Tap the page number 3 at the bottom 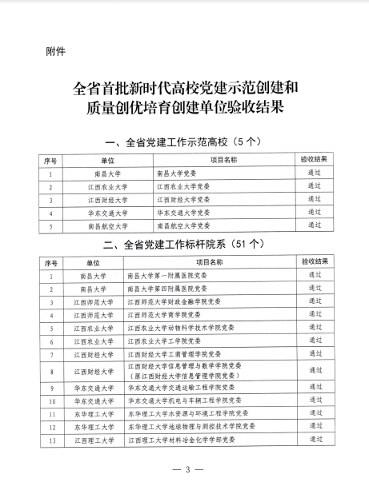pos(186,469)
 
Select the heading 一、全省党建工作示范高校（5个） pos(184,143)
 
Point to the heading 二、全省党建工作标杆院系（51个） pos(184,245)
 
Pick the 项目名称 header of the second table pos(213,261)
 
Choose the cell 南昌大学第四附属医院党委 pos(166,289)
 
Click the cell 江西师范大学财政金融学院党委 pos(172,302)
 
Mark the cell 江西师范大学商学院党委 pos(164,315)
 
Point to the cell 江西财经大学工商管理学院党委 pos(172,353)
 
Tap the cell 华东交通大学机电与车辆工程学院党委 pos(182,400)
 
